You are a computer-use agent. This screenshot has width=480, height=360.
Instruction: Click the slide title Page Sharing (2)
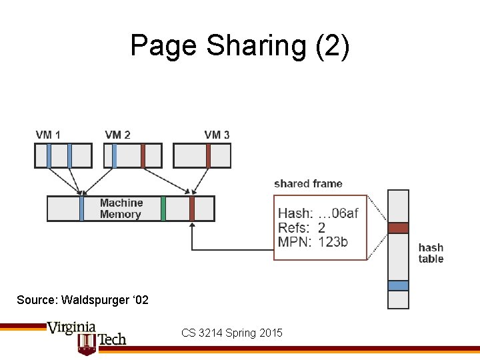click(x=239, y=46)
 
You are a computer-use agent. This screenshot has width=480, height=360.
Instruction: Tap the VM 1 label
click(x=48, y=135)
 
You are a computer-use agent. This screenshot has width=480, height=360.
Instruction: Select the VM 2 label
click(x=117, y=135)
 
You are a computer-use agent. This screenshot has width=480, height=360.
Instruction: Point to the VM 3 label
click(x=217, y=135)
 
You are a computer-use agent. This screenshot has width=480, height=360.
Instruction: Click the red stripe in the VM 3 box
click(x=208, y=155)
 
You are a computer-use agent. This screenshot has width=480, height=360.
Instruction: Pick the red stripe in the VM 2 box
click(x=143, y=155)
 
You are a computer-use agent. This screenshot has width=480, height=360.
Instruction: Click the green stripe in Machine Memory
click(x=163, y=209)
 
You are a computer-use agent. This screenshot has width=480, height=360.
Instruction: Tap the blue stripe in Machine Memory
click(x=81, y=209)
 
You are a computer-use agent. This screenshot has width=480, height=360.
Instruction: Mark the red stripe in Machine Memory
click(x=191, y=209)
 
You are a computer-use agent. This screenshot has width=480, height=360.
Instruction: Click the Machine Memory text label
click(x=121, y=209)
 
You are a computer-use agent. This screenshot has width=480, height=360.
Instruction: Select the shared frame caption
click(x=308, y=184)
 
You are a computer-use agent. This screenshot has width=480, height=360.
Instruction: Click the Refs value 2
click(x=321, y=227)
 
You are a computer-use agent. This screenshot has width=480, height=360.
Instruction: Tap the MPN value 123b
click(x=333, y=241)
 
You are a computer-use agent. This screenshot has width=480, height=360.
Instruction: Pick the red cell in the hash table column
click(x=398, y=227)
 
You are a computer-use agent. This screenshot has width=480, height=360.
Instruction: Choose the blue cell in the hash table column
click(x=398, y=285)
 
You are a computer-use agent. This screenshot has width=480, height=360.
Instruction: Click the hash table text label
click(x=431, y=253)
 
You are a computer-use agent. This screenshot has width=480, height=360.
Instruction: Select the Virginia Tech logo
click(x=87, y=336)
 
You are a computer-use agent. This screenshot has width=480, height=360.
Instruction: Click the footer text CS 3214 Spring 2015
click(x=232, y=333)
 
